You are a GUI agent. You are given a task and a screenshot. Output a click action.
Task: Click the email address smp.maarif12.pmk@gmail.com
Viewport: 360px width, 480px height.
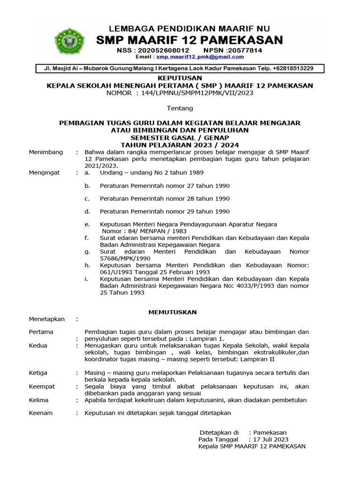[200, 57]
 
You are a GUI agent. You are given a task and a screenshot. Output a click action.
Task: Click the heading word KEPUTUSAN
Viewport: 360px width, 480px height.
[180, 78]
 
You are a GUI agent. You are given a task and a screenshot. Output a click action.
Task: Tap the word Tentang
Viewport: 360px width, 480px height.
[180, 108]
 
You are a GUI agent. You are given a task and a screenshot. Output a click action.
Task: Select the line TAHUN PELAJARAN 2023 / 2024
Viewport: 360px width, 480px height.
[180, 145]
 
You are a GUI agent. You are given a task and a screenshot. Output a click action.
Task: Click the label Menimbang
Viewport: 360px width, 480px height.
[45, 152]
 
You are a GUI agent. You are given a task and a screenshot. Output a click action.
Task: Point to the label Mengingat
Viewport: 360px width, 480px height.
[44, 172]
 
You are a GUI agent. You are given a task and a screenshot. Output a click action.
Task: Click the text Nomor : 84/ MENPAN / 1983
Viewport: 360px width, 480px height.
[144, 231]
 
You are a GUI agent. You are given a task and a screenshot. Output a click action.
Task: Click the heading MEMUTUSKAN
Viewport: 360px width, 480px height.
[172, 312]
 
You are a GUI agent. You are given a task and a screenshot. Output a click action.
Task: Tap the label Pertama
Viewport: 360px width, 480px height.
[41, 332]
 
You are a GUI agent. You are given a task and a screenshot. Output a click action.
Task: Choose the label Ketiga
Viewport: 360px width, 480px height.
[38, 373]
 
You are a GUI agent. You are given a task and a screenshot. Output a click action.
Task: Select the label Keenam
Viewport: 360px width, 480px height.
[41, 413]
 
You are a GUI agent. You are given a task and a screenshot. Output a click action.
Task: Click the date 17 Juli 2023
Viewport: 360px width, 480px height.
[270, 440]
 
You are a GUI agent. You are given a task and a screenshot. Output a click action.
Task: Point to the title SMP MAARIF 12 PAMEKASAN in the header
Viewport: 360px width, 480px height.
[189, 40]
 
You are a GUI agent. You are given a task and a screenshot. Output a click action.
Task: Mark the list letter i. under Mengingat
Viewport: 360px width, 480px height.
[86, 279]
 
